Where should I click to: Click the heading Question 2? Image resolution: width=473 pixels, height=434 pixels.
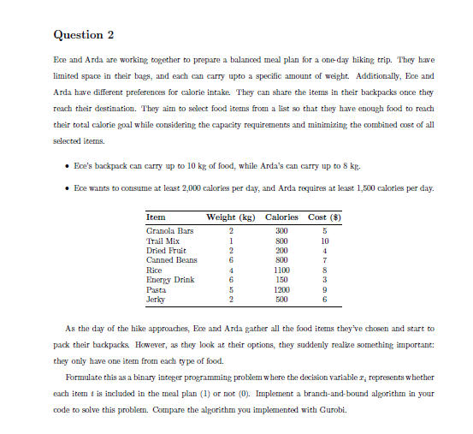(83, 35)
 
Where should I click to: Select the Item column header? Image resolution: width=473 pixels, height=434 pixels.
(156, 217)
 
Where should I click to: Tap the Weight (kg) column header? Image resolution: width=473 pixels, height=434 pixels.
(231, 217)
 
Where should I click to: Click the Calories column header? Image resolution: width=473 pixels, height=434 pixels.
(281, 217)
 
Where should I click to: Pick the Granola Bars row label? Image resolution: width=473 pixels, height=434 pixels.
(171, 231)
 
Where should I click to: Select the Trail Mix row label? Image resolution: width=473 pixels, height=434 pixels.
(164, 241)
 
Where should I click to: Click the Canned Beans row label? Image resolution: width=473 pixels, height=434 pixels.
(172, 259)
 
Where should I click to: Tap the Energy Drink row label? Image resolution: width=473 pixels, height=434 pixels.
(170, 279)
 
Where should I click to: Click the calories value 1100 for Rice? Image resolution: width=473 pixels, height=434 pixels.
(281, 270)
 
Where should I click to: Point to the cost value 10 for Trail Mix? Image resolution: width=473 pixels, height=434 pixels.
(324, 241)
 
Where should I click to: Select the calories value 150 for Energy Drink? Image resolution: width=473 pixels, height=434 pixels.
(281, 279)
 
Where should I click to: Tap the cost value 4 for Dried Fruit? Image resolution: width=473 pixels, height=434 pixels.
(324, 250)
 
